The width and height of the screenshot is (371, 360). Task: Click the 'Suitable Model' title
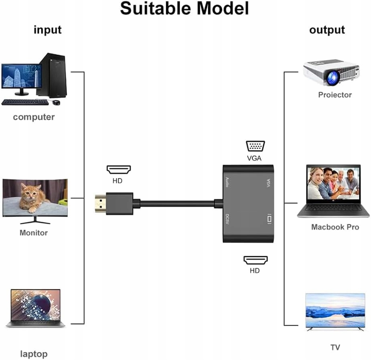tap(184, 8)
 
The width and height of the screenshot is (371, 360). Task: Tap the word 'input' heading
tap(48, 30)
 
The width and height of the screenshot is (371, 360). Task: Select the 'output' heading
tap(327, 30)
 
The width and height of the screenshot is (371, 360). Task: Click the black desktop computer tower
tap(52, 75)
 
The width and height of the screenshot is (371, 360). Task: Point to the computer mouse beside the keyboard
tap(56, 102)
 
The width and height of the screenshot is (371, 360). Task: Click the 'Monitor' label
tap(34, 233)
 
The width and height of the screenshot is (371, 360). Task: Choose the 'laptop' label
tap(34, 354)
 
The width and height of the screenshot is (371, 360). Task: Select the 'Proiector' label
tap(335, 95)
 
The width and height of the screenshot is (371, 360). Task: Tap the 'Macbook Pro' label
tap(335, 227)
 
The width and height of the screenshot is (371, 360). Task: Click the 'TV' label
tap(335, 348)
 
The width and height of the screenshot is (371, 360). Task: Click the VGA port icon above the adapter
tap(255, 146)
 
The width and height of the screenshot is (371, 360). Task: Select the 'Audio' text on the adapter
tap(227, 182)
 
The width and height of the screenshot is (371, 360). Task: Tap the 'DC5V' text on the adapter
tap(227, 219)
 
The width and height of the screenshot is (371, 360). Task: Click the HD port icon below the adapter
tap(255, 260)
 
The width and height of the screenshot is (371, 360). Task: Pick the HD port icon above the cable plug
tap(119, 170)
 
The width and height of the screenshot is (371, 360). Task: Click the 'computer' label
tap(34, 117)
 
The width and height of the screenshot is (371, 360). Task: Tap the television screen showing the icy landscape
tap(335, 310)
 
